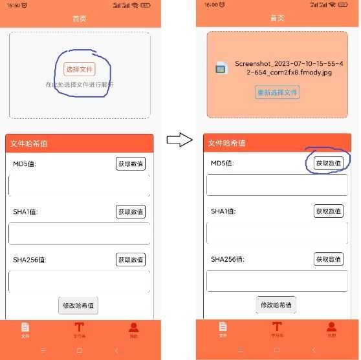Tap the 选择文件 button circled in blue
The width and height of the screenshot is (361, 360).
coord(80,69)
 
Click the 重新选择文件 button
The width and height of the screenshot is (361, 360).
coord(277,92)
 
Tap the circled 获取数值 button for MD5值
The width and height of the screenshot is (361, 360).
coord(328,164)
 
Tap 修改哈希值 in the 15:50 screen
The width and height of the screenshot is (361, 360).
coord(78,305)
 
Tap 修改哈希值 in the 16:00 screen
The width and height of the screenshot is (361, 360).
coord(276,304)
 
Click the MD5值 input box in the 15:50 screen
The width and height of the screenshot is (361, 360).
coord(79,185)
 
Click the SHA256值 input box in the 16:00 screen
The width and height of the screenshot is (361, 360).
coord(277,281)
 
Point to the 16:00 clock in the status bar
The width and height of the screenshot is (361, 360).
coord(212,5)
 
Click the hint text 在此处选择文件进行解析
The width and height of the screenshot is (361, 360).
coord(79,85)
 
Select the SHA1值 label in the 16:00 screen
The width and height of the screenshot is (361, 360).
coord(223,211)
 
